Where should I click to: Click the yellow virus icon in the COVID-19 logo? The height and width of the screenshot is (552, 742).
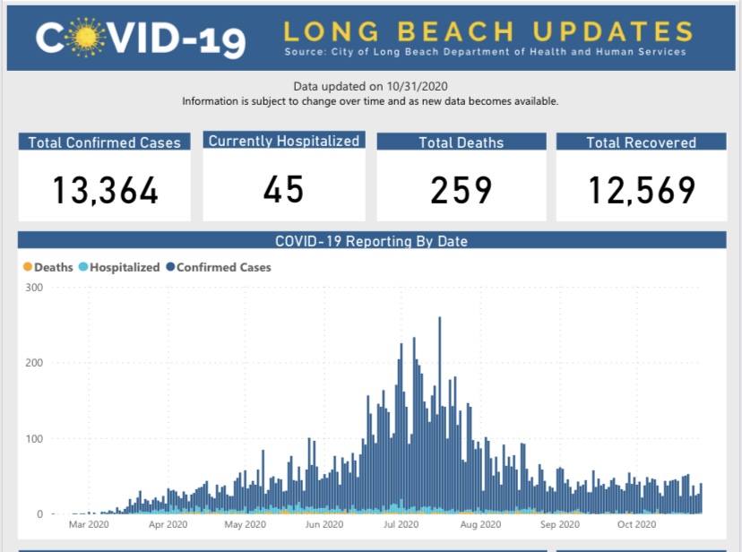(x=86, y=38)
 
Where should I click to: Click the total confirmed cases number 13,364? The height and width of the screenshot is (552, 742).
(x=105, y=190)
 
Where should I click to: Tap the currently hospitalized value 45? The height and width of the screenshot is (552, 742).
(x=283, y=190)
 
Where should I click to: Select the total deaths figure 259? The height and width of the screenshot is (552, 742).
(x=461, y=190)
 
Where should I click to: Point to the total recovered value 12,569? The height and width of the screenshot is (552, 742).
(x=642, y=190)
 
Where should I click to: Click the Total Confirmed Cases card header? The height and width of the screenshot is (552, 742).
(x=105, y=142)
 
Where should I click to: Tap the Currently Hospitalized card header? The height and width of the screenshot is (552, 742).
(x=284, y=141)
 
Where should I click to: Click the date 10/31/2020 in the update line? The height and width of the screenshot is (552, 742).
(x=417, y=86)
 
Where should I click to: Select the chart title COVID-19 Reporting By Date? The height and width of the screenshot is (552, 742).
(x=372, y=241)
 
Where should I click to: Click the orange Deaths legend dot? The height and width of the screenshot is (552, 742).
(x=28, y=267)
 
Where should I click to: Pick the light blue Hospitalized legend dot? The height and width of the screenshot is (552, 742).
(x=83, y=267)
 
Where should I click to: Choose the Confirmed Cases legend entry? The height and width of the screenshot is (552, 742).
(x=219, y=267)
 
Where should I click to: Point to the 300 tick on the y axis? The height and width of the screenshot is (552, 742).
(x=34, y=288)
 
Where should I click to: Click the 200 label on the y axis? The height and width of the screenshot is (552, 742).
(x=34, y=363)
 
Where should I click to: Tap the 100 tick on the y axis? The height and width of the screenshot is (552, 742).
(x=34, y=438)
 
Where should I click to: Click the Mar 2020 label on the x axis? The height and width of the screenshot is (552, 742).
(x=89, y=524)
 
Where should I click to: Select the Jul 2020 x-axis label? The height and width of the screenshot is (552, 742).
(x=401, y=524)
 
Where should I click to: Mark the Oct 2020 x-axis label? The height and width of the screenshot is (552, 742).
(x=636, y=524)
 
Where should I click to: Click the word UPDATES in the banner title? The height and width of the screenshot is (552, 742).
(x=613, y=31)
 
